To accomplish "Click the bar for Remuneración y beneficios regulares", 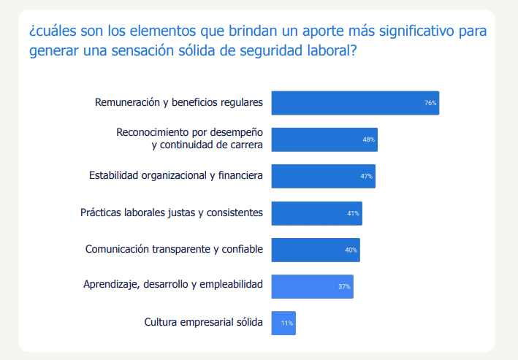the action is pos(355,103).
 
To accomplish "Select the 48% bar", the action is pos(324,139).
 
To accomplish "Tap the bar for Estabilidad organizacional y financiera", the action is pos(324,177).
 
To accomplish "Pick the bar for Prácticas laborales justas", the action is pos(317,213).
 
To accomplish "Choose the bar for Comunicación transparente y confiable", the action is pos(316,250).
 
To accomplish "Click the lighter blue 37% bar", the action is pos(313,287).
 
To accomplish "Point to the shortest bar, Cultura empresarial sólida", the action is pos(283,323).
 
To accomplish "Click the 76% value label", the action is pos(430,103).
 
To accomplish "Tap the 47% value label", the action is pos(366,177).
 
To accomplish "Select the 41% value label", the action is pos(353,213).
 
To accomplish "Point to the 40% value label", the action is pos(351,250).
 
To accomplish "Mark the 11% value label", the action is pos(286,323).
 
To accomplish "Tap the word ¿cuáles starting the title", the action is pos(53,31).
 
